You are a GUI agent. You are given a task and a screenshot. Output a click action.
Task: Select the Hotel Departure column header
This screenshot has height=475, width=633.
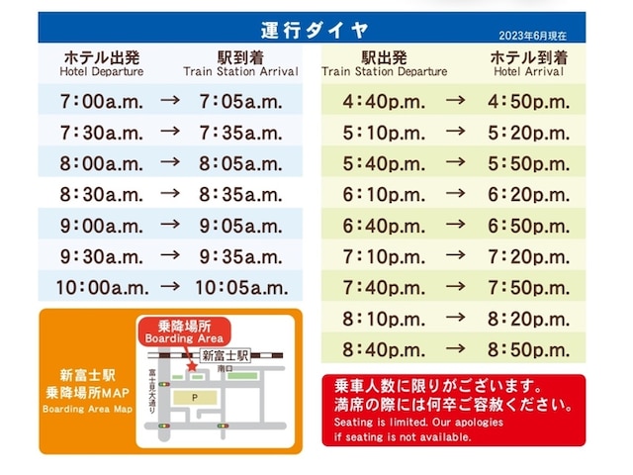click(x=101, y=64)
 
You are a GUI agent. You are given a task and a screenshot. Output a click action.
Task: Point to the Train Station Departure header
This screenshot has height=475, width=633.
click(x=385, y=64)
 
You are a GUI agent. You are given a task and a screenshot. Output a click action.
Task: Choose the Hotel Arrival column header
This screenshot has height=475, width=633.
click(x=529, y=64)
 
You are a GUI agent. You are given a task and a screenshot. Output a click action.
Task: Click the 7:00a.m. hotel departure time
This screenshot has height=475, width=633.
click(x=101, y=101)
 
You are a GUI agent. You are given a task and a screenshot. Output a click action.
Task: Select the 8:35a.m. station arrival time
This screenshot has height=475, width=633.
click(x=243, y=195)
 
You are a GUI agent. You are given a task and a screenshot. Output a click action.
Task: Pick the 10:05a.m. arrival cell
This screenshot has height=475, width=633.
click(x=243, y=288)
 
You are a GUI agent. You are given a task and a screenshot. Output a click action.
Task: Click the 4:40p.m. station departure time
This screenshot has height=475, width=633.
click(x=385, y=101)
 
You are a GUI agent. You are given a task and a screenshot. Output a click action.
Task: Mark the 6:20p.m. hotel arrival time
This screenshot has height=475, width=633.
click(x=529, y=195)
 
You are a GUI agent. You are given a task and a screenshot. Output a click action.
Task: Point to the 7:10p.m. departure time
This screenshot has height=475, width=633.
click(x=385, y=256)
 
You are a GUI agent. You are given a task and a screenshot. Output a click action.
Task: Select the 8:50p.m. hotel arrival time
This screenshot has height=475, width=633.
click(x=529, y=349)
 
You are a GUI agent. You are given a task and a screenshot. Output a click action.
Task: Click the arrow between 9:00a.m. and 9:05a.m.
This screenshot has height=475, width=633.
click(x=171, y=226)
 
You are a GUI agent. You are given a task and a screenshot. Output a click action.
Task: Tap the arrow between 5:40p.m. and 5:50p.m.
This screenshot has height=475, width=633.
click(x=455, y=163)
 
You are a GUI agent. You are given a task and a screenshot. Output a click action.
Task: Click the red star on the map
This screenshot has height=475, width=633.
click(x=191, y=367)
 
